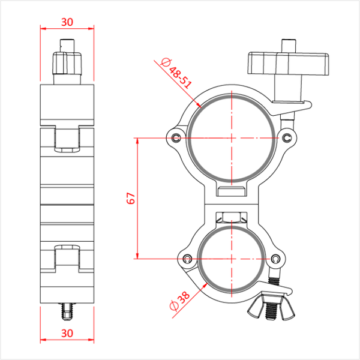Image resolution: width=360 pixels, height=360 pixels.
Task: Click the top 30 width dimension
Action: [x=67, y=22]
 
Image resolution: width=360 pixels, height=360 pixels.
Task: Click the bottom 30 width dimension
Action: [x=67, y=332]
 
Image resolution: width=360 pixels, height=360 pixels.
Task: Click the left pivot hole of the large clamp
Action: [x=175, y=139]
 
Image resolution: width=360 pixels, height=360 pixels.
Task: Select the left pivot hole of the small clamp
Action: [x=187, y=259]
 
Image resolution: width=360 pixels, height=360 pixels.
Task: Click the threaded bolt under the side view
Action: [x=67, y=311]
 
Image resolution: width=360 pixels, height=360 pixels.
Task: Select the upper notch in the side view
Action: [x=67, y=138]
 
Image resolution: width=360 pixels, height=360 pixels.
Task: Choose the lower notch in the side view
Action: [x=67, y=257]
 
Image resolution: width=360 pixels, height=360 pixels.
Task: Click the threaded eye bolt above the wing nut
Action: [x=276, y=280]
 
